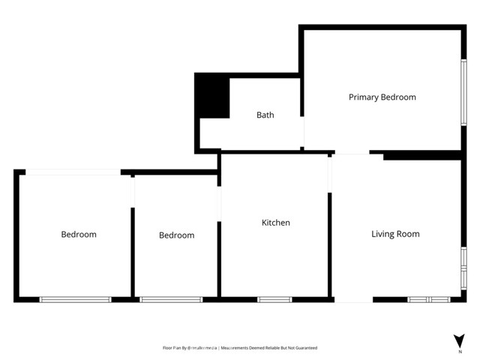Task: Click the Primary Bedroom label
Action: [382, 97]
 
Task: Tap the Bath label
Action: [265, 115]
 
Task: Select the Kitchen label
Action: [275, 223]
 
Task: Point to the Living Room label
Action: [395, 234]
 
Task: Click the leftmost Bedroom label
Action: [79, 235]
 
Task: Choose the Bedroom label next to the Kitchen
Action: [176, 235]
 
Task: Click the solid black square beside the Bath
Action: [212, 96]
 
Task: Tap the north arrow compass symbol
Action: [459, 340]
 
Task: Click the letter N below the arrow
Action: [459, 351]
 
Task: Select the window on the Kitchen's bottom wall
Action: [274, 300]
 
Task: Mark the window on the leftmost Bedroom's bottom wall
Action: [75, 300]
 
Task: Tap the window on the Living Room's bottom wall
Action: [428, 300]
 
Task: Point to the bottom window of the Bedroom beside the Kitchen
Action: [171, 300]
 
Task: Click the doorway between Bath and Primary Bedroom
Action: [303, 131]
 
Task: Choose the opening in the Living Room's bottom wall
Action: [352, 300]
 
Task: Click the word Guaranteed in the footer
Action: [304, 348]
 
